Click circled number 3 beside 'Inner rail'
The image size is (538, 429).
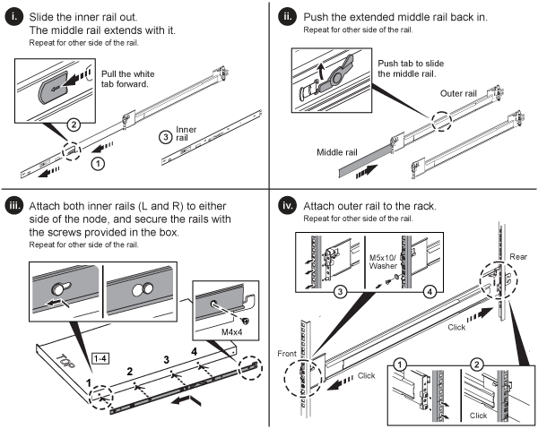[166, 136]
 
